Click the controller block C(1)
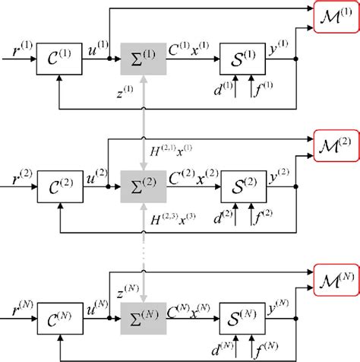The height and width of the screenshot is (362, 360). click(x=57, y=59)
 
